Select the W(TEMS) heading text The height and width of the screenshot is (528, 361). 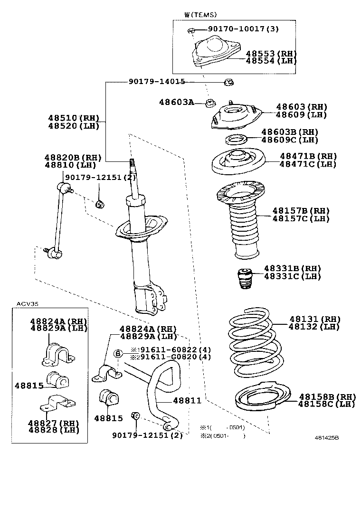[x=200, y=15]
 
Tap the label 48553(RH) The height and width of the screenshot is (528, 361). [x=271, y=53]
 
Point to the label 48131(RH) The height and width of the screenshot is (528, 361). [x=314, y=319]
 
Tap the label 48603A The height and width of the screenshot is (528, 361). [x=176, y=102]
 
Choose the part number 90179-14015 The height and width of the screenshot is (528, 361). [x=157, y=82]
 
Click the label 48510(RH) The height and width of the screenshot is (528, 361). [x=74, y=118]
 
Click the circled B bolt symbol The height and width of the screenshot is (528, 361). [x=118, y=353]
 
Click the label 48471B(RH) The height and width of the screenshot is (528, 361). [x=308, y=156]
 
